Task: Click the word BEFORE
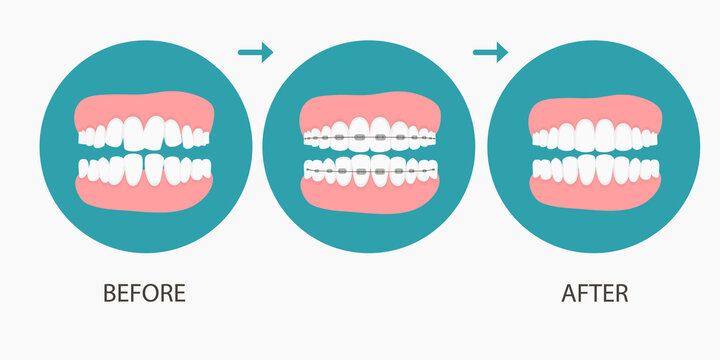coord(145,293)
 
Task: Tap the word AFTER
coord(595,293)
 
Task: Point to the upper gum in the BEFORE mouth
coord(145,106)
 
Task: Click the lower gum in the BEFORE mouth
coord(145,195)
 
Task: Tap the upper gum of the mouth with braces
coord(370,108)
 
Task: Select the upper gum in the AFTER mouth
coord(596,108)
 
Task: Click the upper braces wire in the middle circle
coord(370,136)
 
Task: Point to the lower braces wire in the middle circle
coord(370,173)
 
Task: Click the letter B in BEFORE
coord(110,293)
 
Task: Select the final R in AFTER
coord(621,293)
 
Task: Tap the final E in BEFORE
coord(180,293)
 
